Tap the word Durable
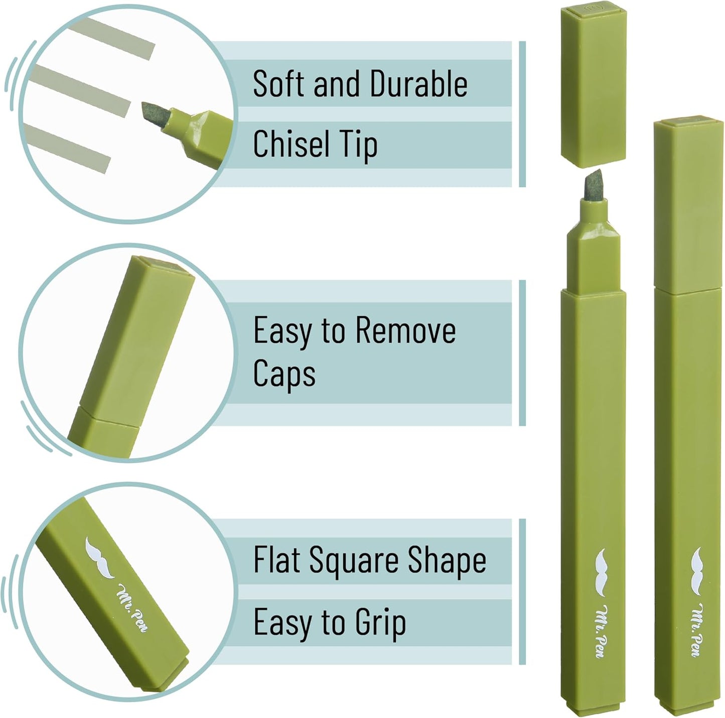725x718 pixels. pos(419,83)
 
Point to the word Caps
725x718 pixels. pos(284,374)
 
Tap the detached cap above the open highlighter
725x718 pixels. pos(594,86)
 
